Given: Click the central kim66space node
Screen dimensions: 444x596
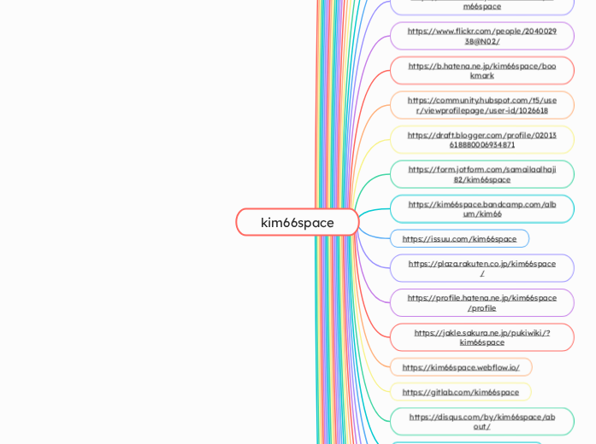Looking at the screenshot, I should tap(297, 222).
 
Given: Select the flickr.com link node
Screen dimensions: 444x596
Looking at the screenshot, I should tap(481, 36).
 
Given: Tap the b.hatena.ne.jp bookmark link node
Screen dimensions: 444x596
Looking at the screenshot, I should tap(481, 70).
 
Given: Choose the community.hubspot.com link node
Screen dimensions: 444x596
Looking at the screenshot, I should tap(481, 105).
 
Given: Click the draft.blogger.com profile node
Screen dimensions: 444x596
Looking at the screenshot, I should tap(481, 139).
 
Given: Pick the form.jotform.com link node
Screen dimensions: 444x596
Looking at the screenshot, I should tap(481, 174).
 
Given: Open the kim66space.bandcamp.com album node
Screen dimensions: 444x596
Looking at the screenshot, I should tap(481, 208).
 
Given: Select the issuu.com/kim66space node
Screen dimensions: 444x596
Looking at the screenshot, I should tap(459, 238).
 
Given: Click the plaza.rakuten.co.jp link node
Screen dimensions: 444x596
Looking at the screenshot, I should tap(481, 268).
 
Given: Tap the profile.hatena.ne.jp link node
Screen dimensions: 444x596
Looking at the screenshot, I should tap(481, 302).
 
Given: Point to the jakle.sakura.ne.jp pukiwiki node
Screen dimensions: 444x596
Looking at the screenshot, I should tap(481, 337).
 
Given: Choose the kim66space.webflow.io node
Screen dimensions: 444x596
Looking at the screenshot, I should tap(460, 367).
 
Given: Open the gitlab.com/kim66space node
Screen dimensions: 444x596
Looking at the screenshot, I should tap(460, 392).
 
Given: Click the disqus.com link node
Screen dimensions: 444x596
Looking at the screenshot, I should tap(481, 422).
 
